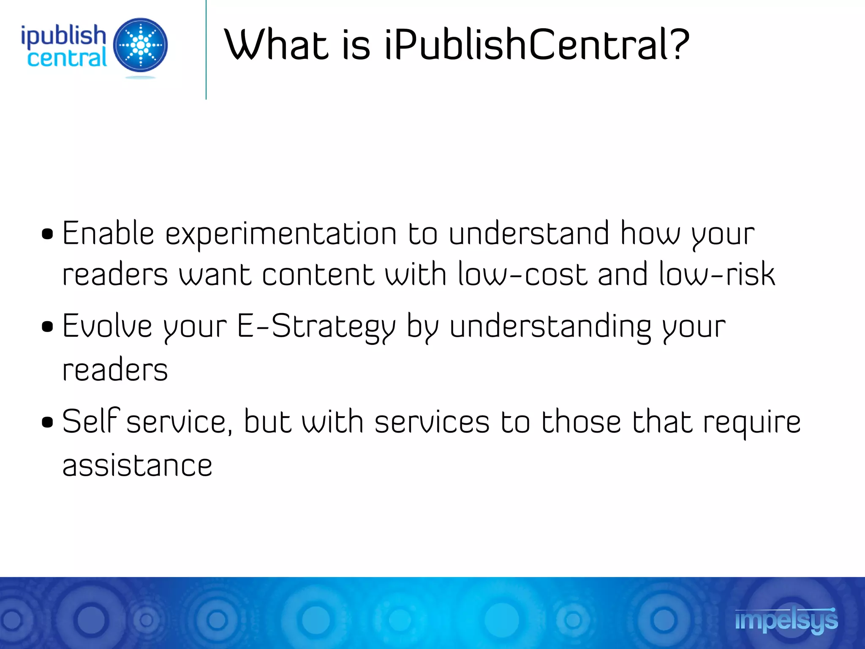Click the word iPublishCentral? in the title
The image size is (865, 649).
(536, 44)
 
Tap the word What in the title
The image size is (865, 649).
(277, 44)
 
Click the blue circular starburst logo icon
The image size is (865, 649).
(141, 45)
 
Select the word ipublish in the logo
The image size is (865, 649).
(63, 35)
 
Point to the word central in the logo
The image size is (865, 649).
(67, 58)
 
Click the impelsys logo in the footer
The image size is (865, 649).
(786, 620)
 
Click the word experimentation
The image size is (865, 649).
(281, 235)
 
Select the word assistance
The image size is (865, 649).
(137, 466)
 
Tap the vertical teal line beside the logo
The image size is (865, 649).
(206, 50)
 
